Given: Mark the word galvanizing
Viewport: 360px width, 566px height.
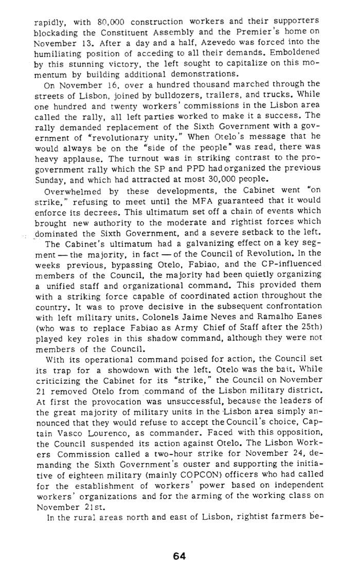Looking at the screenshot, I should [195, 243].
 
